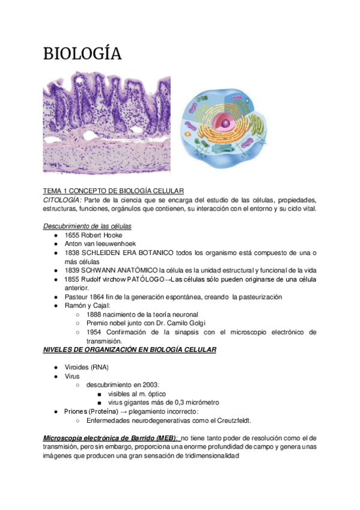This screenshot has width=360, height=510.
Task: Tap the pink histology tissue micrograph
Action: click(x=106, y=123)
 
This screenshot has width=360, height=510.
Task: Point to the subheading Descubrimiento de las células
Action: click(x=88, y=226)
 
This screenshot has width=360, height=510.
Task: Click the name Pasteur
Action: click(x=77, y=297)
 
